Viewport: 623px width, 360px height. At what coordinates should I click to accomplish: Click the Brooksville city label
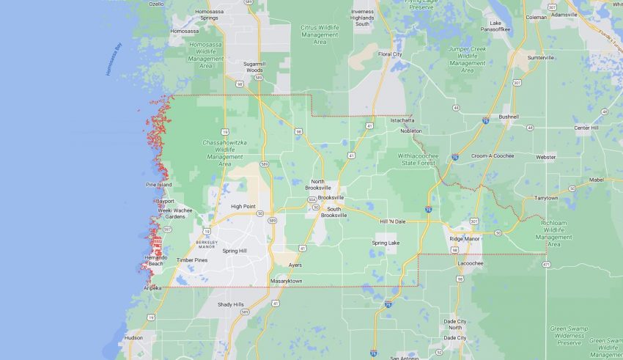coord(331,198)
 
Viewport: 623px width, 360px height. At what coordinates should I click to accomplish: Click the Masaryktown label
coord(286,281)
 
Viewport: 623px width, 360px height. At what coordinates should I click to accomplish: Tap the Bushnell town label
coord(508,117)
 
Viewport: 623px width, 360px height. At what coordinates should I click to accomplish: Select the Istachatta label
coord(402,111)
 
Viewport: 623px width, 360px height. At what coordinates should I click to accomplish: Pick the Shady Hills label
coord(230,304)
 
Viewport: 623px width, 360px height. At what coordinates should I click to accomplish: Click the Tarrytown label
coord(545,198)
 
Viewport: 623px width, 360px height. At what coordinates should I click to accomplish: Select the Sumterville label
coord(541,57)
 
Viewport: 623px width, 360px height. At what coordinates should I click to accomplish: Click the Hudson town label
coord(133,338)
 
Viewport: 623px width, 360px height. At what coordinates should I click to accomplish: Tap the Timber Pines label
coord(192,260)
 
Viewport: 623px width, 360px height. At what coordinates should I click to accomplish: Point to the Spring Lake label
coord(386,243)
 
